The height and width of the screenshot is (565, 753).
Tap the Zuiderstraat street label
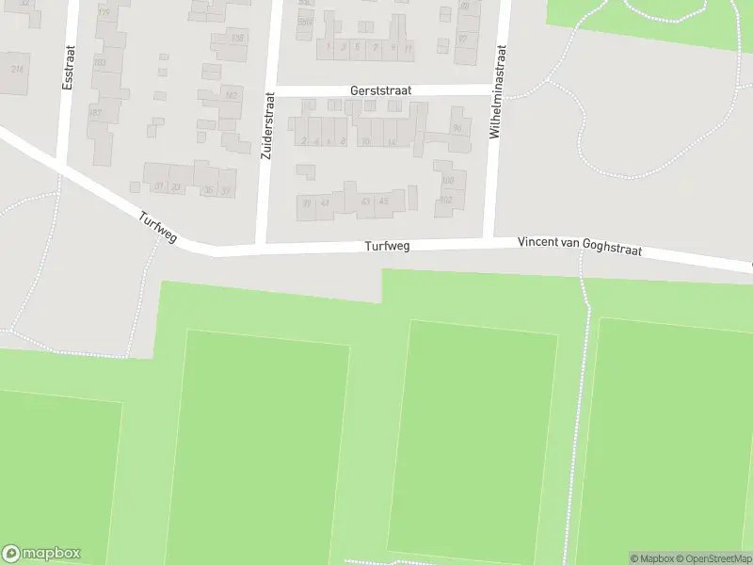tap(266, 125)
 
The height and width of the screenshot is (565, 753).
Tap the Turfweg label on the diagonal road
tap(157, 227)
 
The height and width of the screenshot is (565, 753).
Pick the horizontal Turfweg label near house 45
tap(387, 247)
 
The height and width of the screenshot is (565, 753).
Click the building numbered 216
tap(17, 69)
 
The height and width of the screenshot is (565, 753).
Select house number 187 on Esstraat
tap(95, 112)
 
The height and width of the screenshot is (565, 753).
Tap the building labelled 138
tap(236, 39)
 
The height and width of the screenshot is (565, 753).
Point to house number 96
tap(457, 128)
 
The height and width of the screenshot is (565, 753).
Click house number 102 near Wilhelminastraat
tap(446, 200)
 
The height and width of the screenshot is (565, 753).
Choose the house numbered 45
tap(383, 201)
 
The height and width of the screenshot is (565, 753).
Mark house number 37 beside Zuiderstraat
tap(225, 190)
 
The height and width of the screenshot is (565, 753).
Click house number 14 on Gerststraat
tap(391, 141)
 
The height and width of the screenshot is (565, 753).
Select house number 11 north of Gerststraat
tap(407, 47)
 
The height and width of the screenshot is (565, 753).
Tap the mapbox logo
tap(40, 554)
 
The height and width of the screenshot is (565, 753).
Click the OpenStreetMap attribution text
tap(712, 558)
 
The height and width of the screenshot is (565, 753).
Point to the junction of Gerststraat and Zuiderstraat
tap(271, 90)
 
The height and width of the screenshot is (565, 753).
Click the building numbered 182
tap(231, 94)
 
